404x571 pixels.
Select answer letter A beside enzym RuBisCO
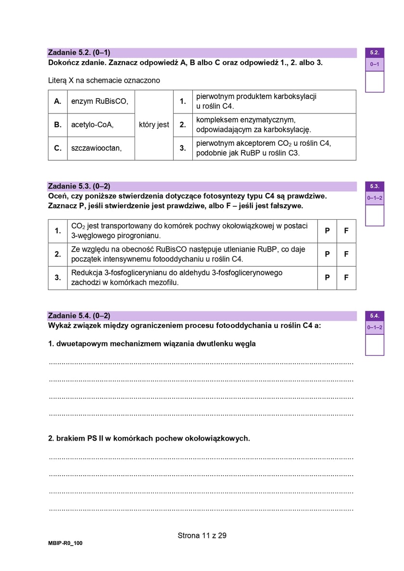58,102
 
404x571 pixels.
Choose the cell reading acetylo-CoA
92,125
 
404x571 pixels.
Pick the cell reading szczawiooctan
96,148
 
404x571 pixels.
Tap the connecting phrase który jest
153,125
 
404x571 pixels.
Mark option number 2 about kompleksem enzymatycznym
183,125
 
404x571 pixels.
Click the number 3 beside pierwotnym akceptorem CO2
183,148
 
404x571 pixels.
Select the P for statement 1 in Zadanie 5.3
327,231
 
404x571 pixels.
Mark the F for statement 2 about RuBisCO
346,254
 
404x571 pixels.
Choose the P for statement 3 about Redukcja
327,278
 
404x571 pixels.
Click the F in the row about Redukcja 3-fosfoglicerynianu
346,278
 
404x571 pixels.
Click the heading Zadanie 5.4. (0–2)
79,316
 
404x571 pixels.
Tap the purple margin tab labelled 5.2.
375,52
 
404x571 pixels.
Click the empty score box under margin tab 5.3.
375,215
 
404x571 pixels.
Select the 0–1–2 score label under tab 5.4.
375,328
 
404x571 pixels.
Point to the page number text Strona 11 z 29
202,535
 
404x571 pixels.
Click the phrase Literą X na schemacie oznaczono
104,80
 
